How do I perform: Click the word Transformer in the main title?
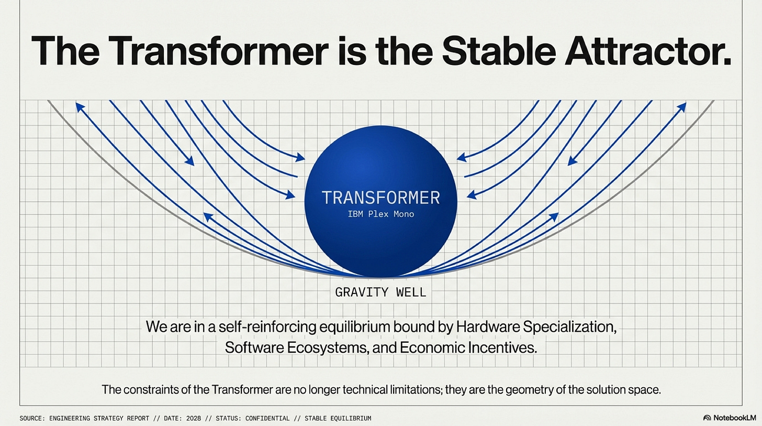218,50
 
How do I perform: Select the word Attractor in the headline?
648,50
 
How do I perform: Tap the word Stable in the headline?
499,50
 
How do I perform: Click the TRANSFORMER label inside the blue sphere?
380,198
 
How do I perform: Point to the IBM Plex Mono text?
380,214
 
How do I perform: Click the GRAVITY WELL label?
380,292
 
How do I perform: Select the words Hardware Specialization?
536,327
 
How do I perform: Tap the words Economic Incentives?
468,347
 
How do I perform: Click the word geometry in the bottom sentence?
530,389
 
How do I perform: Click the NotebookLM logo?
730,418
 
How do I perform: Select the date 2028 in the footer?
194,418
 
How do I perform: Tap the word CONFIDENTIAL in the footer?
267,418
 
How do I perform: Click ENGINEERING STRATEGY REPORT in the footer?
99,418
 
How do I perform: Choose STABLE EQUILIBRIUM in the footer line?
338,418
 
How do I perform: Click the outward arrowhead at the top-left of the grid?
79,107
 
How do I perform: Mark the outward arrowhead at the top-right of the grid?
682,107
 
